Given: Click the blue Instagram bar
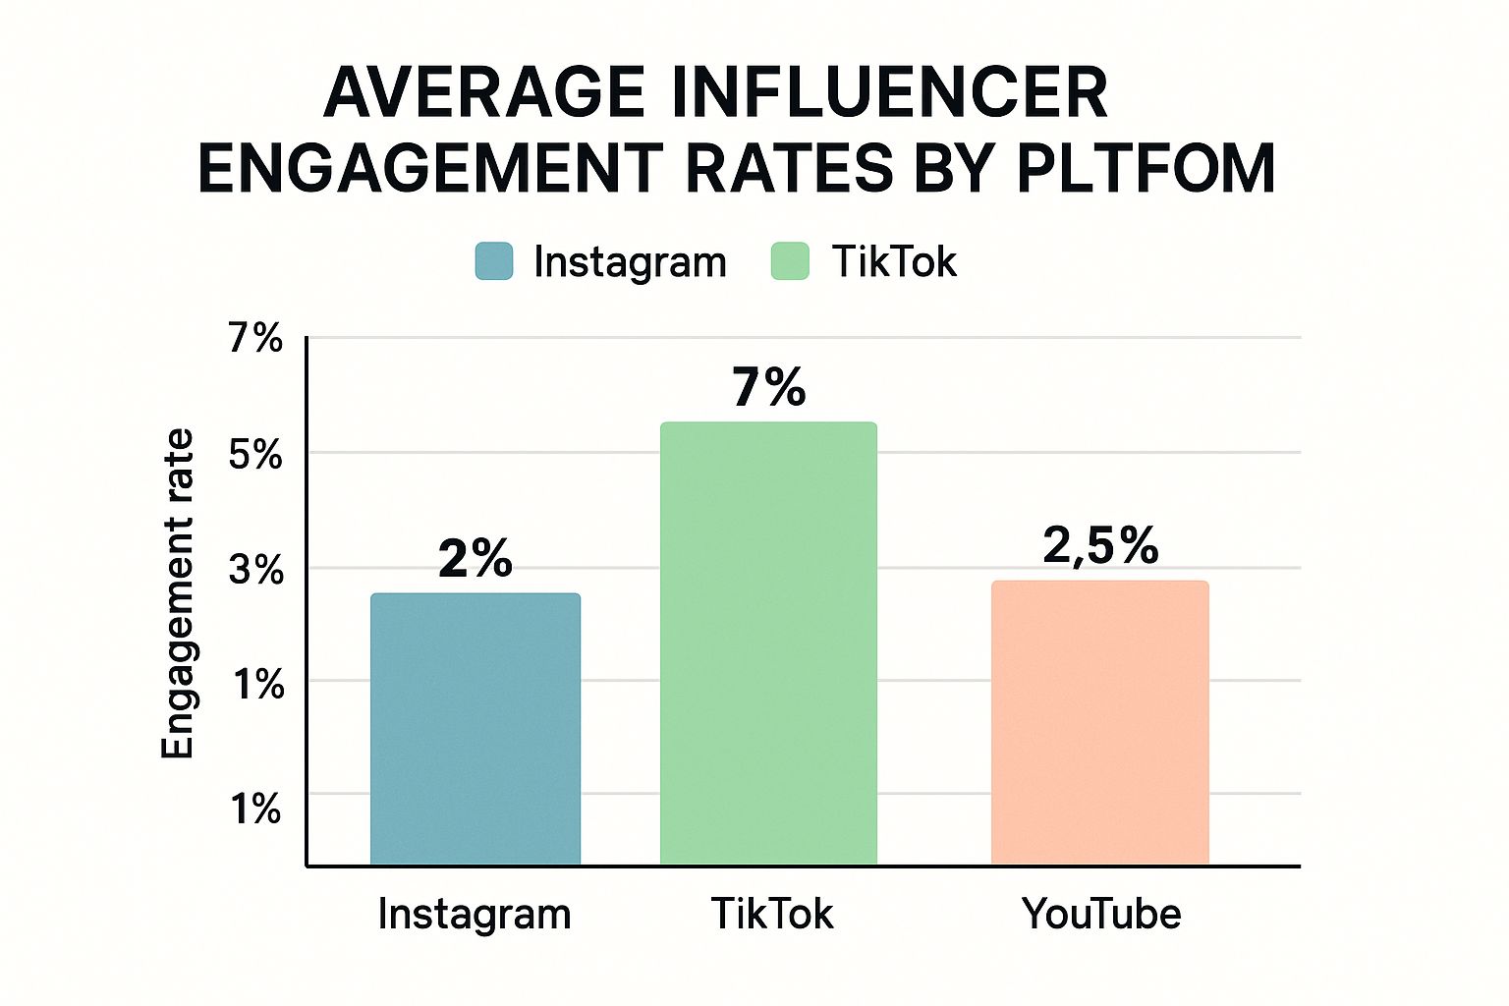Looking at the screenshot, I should coord(475,729).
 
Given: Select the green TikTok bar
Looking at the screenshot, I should coord(768,643).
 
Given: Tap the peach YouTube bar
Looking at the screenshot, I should coord(1099,723).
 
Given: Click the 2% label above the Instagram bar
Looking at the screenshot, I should coord(475,559).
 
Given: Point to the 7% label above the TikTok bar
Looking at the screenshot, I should coord(768,387).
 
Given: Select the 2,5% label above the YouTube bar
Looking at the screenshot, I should coord(1100,545).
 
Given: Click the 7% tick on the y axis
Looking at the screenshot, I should coord(256,338).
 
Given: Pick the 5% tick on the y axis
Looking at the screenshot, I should coord(256,455).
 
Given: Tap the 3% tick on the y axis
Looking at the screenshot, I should coord(256,570).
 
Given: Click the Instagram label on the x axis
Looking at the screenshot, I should coord(475,915).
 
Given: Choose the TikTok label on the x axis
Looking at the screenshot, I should coord(772,915).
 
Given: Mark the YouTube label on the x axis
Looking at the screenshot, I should coord(1101,915).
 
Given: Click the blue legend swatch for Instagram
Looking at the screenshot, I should coord(494,261).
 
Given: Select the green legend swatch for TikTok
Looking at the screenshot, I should coord(790,261).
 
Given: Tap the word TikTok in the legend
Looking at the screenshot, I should coord(894,262).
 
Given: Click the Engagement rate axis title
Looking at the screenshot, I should coord(178,593).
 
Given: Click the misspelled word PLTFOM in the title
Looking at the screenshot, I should coord(1146,169).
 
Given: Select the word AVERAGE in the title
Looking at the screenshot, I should coord(484,93).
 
